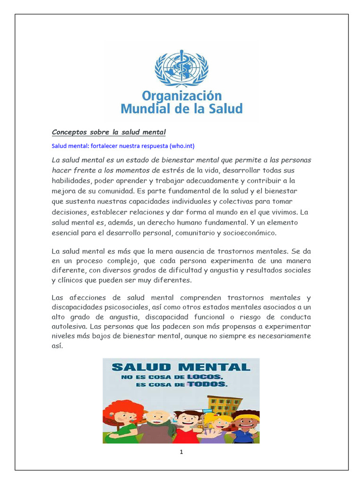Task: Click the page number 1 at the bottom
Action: point(181,452)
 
